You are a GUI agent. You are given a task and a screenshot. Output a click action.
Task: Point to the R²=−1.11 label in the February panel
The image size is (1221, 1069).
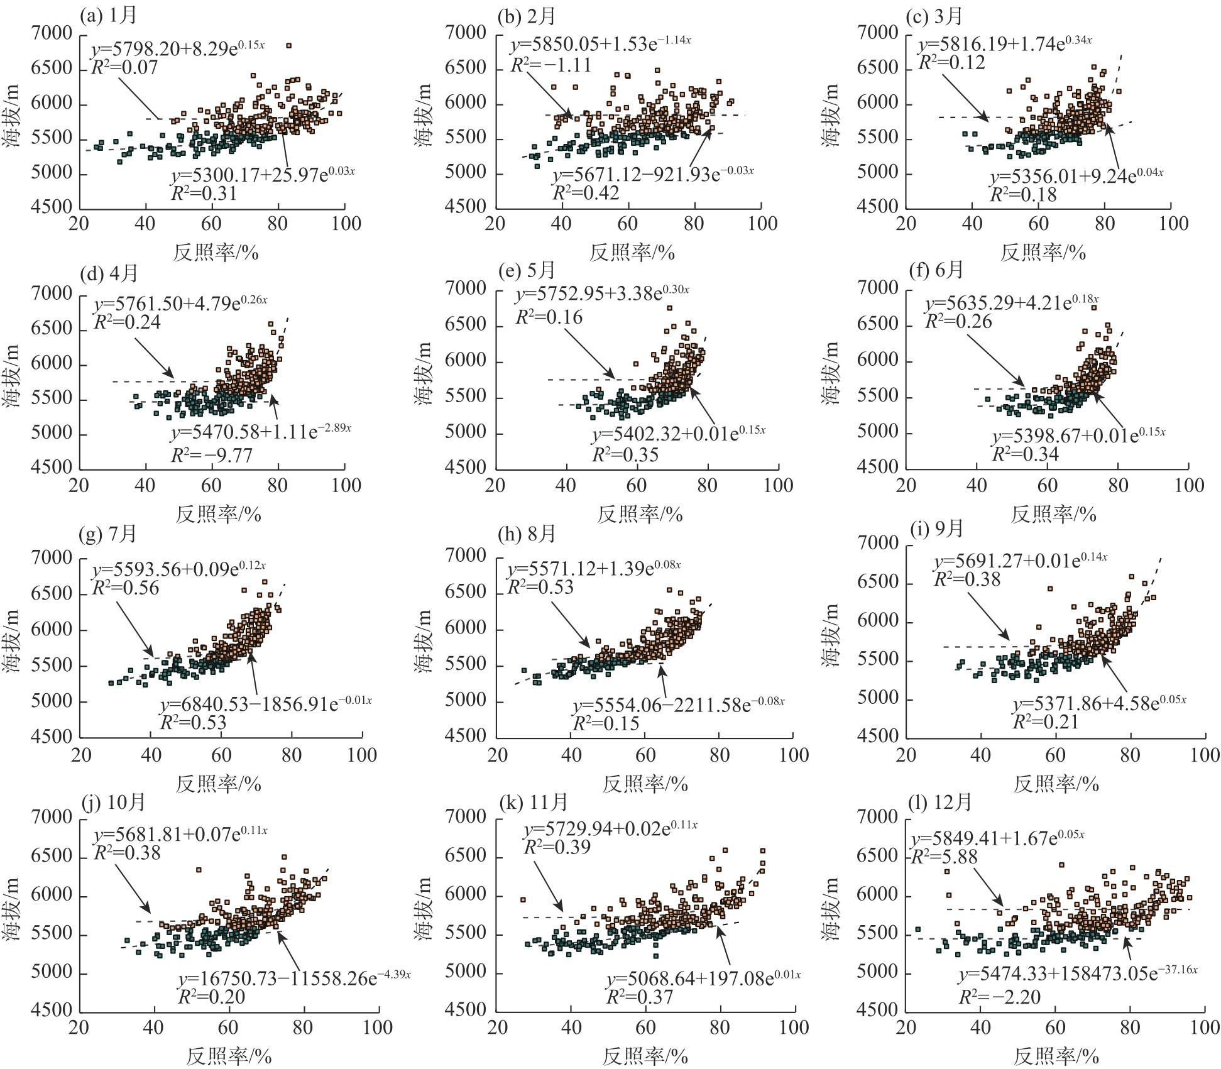pos(550,64)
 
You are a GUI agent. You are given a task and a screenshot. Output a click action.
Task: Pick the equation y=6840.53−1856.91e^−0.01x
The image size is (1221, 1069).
pos(265,701)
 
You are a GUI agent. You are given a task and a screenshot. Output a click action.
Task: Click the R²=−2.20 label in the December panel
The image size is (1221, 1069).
pos(999,997)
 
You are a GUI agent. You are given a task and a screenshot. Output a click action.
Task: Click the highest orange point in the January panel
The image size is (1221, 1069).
pos(288,45)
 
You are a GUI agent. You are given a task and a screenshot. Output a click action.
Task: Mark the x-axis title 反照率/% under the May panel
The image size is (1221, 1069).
pos(639,514)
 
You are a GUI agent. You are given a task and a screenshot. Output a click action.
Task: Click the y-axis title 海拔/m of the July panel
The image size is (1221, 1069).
pos(14,646)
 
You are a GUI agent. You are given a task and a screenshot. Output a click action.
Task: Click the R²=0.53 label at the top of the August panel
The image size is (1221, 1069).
pos(540,587)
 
